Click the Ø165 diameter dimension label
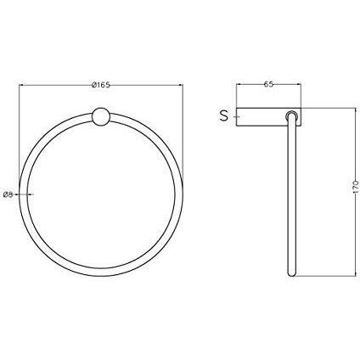pyautogui.click(x=100, y=85)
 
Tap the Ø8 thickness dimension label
pyautogui.click(x=8, y=194)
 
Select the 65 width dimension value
pyautogui.click(x=268, y=84)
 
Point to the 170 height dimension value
pyautogui.click(x=356, y=187)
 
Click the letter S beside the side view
pyautogui.click(x=224, y=116)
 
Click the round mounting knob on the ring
pyautogui.click(x=101, y=116)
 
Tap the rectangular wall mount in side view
pyautogui.click(x=268, y=116)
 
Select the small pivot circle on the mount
pyautogui.click(x=291, y=115)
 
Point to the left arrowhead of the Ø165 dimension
pyautogui.click(x=20, y=84)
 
